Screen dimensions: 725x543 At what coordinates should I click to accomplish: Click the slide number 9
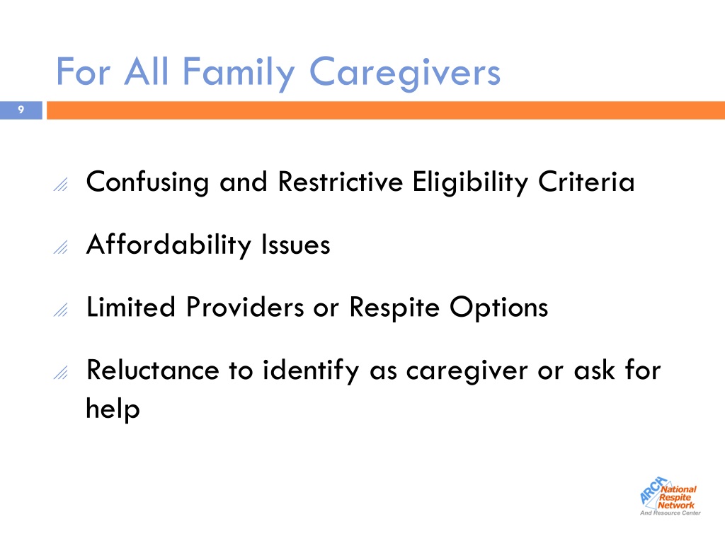pos(21,110)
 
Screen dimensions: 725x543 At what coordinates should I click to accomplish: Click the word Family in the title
pos(239,73)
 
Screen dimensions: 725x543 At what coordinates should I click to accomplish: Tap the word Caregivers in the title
pos(404,73)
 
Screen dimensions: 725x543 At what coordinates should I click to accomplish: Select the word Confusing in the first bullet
pos(147,182)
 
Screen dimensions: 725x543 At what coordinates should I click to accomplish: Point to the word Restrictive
pos(341,182)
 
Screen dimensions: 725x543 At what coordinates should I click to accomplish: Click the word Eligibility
pos(470,182)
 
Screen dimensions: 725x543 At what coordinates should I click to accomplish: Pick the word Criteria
pos(586,182)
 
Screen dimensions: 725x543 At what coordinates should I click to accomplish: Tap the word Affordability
pos(169,245)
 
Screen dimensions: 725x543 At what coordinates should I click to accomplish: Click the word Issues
pos(295,245)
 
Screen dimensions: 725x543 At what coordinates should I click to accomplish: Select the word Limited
pos(131,307)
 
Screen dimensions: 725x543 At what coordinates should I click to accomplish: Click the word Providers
pos(245,307)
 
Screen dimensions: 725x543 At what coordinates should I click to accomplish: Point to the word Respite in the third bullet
pos(394,308)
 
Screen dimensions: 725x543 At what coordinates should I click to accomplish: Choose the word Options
pos(498,308)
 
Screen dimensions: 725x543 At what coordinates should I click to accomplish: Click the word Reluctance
pos(153,370)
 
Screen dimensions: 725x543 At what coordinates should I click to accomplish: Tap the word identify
pos(310,370)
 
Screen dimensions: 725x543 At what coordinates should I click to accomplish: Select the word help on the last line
pos(113,409)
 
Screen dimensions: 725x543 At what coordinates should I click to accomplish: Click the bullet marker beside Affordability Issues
pos(61,247)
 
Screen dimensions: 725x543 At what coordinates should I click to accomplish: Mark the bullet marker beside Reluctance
pos(61,373)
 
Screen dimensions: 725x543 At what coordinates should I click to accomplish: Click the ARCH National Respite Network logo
pos(670,496)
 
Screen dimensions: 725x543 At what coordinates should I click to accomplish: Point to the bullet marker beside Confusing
pos(61,185)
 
